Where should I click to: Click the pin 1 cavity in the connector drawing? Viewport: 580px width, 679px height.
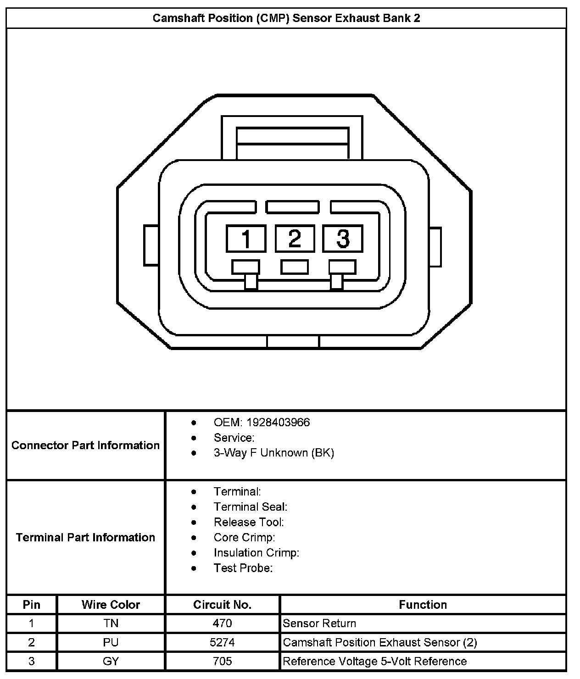coord(246,239)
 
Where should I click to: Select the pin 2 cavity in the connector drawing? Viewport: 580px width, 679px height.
coord(294,239)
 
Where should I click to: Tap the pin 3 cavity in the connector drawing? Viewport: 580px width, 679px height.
coord(343,239)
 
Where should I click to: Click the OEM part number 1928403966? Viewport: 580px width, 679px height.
coord(278,422)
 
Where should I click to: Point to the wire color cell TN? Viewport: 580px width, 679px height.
coord(111,623)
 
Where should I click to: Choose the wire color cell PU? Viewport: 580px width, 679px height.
coord(111,642)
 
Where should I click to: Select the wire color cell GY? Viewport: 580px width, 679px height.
coord(111,661)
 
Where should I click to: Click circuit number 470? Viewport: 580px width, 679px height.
coord(222,623)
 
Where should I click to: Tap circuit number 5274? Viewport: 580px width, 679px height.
coord(222,642)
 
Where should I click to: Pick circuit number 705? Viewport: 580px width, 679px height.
coord(222,661)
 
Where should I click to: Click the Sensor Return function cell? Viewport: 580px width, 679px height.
coord(319,623)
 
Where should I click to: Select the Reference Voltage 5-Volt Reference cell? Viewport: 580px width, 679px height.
coord(374,661)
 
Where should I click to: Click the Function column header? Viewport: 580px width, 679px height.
coord(423,605)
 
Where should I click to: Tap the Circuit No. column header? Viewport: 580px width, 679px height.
coord(222,605)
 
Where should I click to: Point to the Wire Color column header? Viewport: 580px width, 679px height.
coord(111,605)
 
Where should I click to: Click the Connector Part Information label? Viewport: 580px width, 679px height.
coord(85,445)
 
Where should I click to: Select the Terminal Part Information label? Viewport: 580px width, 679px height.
coord(85,537)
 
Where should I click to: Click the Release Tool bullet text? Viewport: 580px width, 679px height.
coord(249,522)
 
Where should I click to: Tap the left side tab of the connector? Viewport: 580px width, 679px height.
coord(151,245)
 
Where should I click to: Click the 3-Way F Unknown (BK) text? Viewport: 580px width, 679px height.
coord(273,453)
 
